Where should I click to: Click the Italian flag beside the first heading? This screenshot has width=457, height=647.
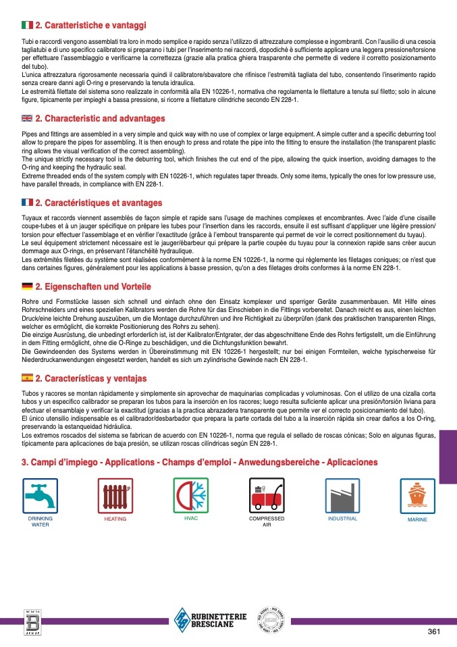click(27, 25)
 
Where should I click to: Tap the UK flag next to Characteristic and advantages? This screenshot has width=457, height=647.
click(27, 118)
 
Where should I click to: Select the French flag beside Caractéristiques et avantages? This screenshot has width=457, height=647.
click(27, 203)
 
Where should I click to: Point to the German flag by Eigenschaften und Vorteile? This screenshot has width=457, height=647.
click(27, 286)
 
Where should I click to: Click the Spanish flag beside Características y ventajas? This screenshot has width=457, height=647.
click(27, 378)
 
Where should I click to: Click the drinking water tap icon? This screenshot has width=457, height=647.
click(40, 496)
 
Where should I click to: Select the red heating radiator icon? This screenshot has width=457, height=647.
click(115, 496)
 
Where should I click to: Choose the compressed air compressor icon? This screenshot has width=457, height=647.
click(267, 496)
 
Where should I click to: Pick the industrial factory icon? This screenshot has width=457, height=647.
click(342, 496)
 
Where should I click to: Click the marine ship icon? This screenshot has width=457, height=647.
click(417, 496)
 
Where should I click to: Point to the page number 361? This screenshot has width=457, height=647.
click(434, 631)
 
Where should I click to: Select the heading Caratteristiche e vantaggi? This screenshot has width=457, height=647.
click(90, 25)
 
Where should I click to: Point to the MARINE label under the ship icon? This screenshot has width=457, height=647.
click(417, 519)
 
